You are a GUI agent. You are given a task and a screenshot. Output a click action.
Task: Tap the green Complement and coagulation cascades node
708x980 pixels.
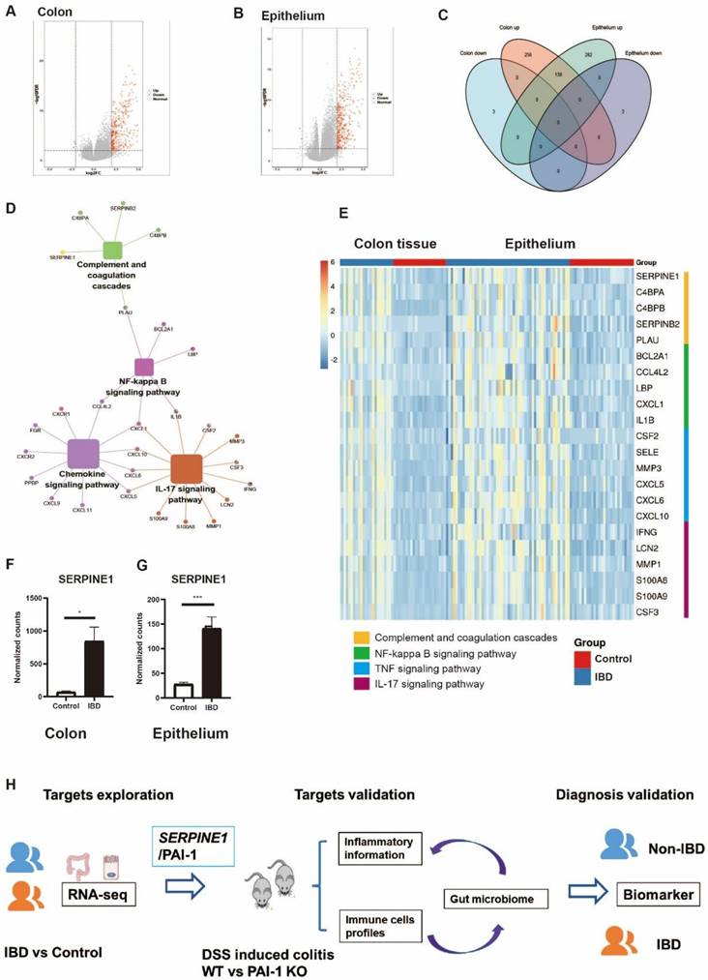click(x=112, y=251)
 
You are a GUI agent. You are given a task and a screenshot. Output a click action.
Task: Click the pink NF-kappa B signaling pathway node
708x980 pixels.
click(x=144, y=367)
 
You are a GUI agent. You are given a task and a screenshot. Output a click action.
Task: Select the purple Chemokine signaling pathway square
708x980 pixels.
click(x=83, y=454)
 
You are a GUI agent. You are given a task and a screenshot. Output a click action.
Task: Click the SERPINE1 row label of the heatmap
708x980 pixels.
click(x=659, y=276)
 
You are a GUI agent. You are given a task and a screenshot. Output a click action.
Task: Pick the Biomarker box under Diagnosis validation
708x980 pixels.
click(x=656, y=869)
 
